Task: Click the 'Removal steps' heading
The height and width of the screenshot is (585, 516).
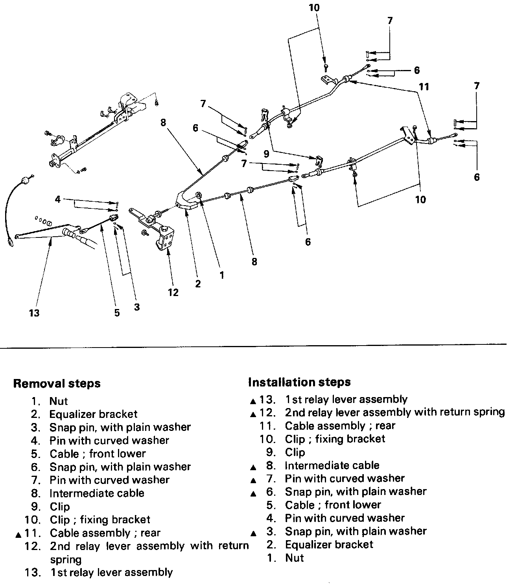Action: (57, 383)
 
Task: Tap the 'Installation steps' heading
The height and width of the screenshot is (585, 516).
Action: (299, 382)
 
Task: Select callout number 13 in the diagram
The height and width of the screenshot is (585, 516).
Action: (34, 313)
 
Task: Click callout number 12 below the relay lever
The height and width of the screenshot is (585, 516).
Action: (173, 292)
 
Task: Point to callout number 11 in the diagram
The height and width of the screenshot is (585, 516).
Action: (424, 86)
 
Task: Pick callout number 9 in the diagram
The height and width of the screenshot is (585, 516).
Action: (266, 154)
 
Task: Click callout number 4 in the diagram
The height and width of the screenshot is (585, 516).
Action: (58, 199)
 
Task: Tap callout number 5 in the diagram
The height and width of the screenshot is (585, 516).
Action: (117, 313)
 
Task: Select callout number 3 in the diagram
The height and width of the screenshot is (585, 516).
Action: (136, 307)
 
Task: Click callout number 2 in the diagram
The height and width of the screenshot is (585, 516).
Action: (197, 283)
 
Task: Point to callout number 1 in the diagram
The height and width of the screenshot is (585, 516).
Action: (222, 275)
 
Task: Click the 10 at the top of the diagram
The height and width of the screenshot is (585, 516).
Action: (314, 7)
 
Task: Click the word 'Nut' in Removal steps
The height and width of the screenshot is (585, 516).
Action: (59, 401)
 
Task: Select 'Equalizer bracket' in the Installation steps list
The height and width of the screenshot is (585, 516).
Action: (329, 545)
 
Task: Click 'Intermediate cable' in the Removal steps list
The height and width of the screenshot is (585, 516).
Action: (97, 493)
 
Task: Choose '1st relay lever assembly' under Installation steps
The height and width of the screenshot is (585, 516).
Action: (346, 399)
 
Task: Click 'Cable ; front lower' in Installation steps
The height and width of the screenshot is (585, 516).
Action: (333, 504)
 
